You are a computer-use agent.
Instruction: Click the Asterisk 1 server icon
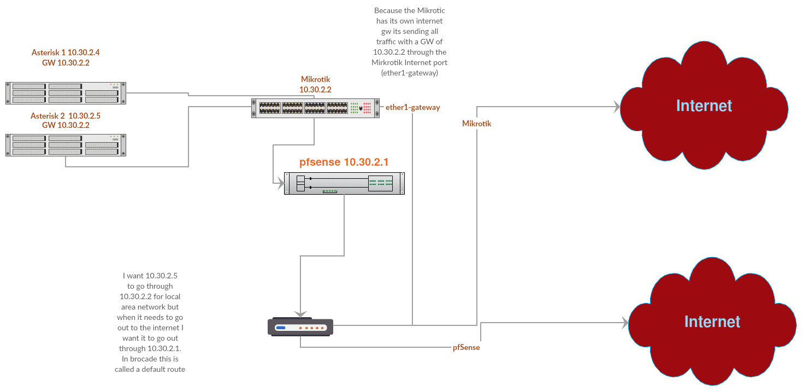(x=66, y=93)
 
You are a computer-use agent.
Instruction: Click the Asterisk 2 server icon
(x=66, y=145)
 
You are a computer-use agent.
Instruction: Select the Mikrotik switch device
(x=316, y=108)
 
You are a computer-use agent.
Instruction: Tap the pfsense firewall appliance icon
(x=344, y=183)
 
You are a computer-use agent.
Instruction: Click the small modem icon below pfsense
(x=300, y=326)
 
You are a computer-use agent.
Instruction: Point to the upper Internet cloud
(x=704, y=105)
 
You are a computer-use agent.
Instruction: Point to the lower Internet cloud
(x=712, y=322)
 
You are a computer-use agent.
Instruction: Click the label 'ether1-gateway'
(x=412, y=108)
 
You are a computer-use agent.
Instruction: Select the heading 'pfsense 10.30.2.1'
(x=344, y=162)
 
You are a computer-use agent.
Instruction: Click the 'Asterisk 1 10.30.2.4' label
(x=66, y=53)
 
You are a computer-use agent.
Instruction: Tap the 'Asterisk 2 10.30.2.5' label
(x=66, y=116)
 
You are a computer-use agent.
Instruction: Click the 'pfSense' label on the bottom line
(x=466, y=347)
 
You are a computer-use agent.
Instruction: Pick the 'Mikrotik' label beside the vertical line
(x=476, y=124)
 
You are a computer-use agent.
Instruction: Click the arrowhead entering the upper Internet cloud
(x=617, y=107)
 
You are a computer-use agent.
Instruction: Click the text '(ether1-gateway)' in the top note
(x=410, y=73)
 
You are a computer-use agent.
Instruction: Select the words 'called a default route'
(x=150, y=369)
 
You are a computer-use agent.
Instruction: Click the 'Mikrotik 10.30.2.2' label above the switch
(x=315, y=84)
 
